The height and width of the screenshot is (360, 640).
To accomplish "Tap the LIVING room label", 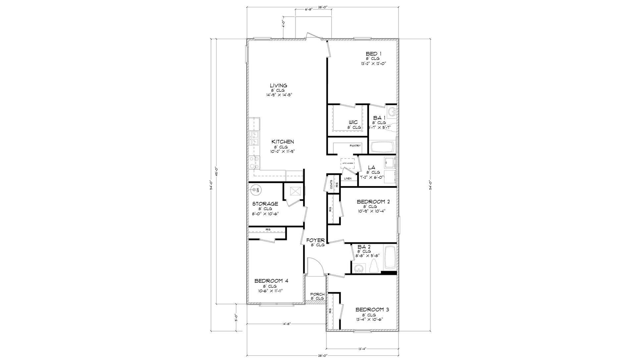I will (279, 85).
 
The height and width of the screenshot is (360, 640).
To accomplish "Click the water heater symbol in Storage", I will (255, 190).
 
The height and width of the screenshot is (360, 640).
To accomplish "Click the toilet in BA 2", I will (374, 266).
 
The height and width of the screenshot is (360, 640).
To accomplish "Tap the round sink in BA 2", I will (358, 269).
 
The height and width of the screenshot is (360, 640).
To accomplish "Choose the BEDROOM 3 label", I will (372, 310).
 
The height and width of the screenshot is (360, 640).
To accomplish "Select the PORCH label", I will (317, 294).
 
